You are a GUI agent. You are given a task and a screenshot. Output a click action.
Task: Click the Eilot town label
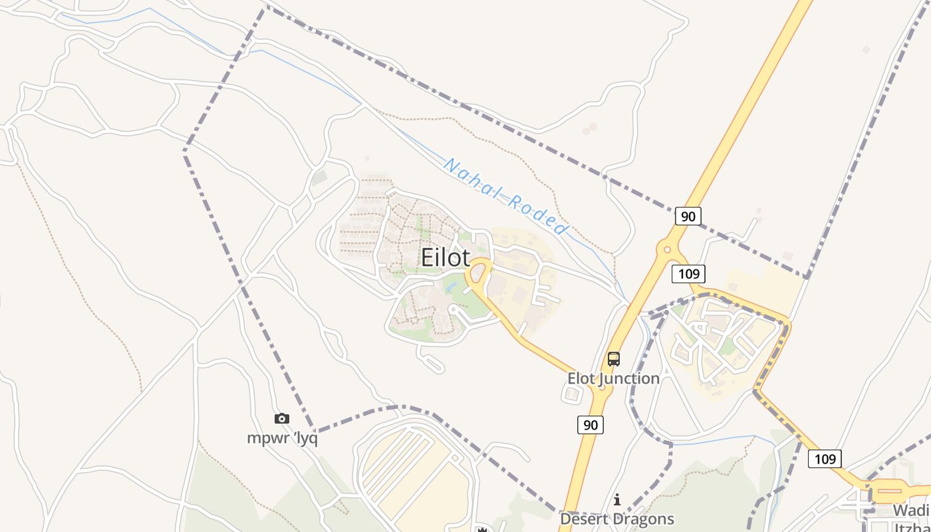tap(445, 258)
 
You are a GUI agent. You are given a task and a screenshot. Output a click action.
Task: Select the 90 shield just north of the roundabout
tap(688, 216)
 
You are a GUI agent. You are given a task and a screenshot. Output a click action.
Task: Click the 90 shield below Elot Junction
tap(591, 424)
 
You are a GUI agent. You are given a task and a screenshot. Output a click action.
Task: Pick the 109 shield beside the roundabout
tap(688, 273)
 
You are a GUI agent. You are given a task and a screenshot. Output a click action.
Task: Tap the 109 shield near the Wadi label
tap(825, 458)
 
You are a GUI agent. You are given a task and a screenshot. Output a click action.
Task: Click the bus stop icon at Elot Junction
tap(613, 360)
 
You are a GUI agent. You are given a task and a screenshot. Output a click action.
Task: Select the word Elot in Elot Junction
tap(581, 378)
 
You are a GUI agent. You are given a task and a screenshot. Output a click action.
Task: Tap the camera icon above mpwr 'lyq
tap(282, 418)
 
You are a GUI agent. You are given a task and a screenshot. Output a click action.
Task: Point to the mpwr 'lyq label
tap(282, 438)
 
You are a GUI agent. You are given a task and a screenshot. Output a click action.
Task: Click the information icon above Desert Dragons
tap(617, 499)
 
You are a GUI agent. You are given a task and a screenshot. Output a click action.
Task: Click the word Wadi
tap(910, 510)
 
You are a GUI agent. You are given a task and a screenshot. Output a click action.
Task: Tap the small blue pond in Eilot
tap(452, 287)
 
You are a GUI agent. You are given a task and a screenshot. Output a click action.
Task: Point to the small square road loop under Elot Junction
tap(572, 394)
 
